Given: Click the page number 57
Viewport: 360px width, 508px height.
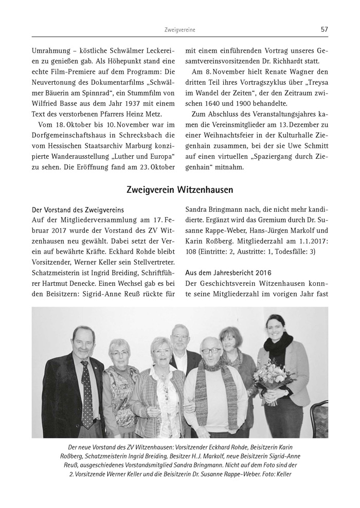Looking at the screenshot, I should (324, 29).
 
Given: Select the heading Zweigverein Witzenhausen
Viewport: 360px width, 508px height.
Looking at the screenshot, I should (179, 190).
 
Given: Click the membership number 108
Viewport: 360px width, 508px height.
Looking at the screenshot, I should (192, 252).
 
